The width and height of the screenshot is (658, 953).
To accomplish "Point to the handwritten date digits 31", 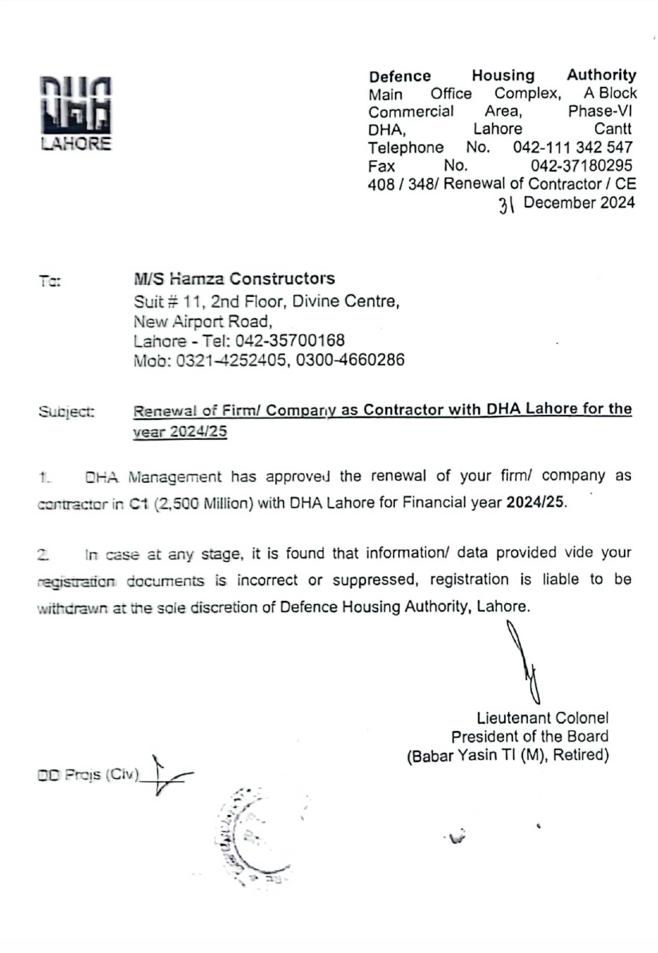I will pyautogui.click(x=507, y=205).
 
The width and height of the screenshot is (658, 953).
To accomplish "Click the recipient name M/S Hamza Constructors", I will pyautogui.click(x=234, y=279).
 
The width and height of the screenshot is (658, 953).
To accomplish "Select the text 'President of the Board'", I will pyautogui.click(x=530, y=737).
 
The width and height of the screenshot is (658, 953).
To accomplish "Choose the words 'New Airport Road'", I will pyautogui.click(x=203, y=322).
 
